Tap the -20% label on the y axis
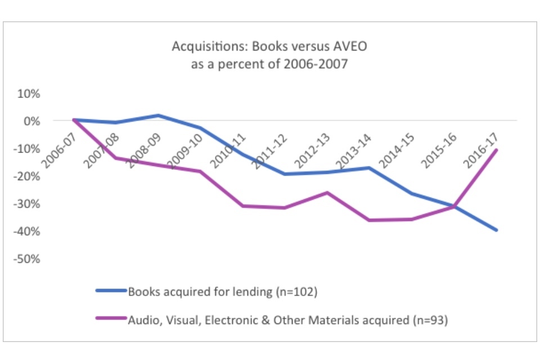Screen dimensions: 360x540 29,176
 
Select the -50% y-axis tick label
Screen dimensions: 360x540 29,259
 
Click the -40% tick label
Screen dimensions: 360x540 29,231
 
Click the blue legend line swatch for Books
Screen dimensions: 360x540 111,291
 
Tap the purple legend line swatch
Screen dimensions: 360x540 111,320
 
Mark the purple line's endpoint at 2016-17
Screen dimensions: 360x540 496,150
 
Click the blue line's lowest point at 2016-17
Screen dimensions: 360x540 496,230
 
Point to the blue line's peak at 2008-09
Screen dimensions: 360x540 159,115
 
